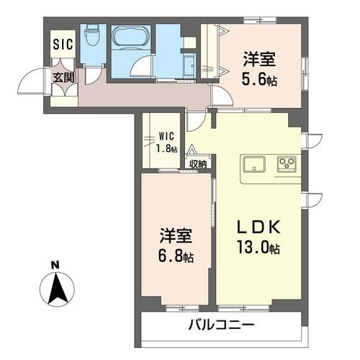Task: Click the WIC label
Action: (167, 135)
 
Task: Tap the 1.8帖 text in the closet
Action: (167, 148)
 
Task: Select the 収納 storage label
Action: (198, 163)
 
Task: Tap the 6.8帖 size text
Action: (176, 255)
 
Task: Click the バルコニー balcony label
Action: (222, 325)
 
